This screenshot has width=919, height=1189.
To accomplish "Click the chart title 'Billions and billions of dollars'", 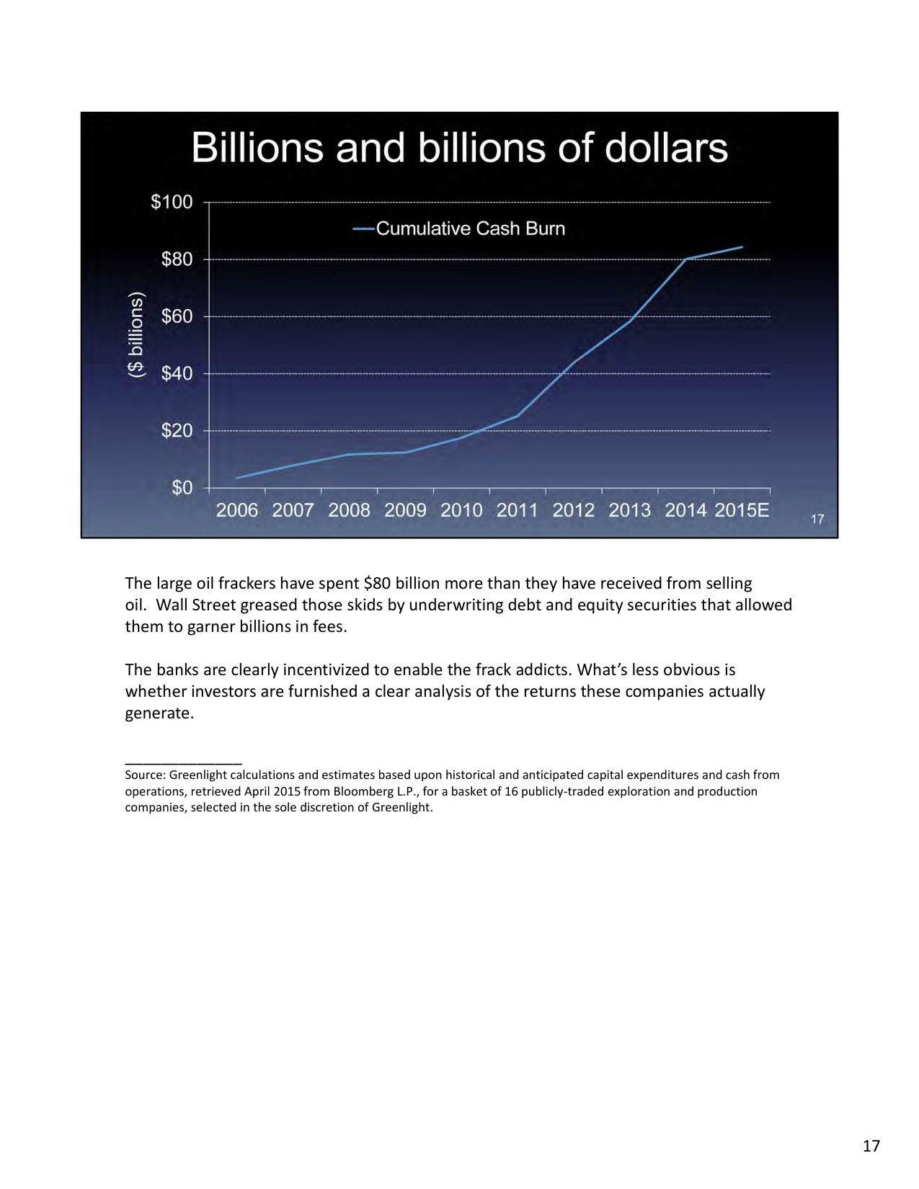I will pos(459,148).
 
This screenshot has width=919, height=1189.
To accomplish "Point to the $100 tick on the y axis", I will pos(172,202).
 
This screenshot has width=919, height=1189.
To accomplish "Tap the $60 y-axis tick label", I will pos(177,316).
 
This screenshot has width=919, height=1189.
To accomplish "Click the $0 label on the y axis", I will pos(182,488).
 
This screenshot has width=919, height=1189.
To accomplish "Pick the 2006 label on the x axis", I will pos(237,510).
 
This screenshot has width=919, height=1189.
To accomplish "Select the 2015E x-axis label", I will pos(742,510).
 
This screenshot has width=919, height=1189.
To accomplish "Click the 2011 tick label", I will pos(517,510).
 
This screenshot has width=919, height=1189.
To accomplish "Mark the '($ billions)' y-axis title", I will pos(136,335).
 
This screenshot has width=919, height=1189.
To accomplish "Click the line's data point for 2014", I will pos(686,259).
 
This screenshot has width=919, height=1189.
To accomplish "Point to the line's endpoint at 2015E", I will pos(742,247).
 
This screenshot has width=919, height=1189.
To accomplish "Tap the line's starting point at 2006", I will pos(236,478).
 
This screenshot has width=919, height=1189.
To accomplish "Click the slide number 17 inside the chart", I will pos(817,519).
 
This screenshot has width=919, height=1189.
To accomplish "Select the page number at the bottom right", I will pos(871,1146).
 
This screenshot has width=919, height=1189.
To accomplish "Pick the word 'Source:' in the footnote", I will pos(145,775).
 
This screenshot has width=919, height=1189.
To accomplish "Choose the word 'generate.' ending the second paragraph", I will pos(159,713).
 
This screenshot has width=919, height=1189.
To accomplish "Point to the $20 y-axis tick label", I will pos(177,431).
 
